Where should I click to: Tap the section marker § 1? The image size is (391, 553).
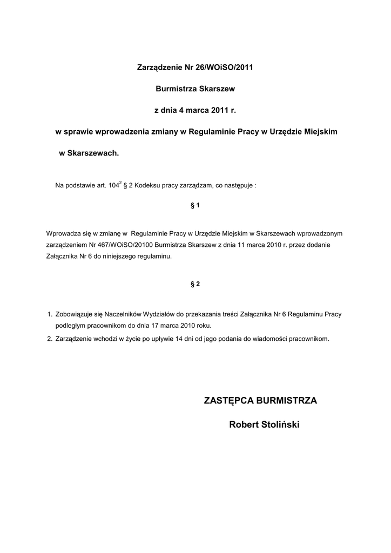195,206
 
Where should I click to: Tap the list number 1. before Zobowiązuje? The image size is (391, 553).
49,314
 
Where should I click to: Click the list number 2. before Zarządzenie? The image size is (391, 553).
49,339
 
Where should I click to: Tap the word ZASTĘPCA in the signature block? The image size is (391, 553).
229,401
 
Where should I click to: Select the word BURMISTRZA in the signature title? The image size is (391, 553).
287,401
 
